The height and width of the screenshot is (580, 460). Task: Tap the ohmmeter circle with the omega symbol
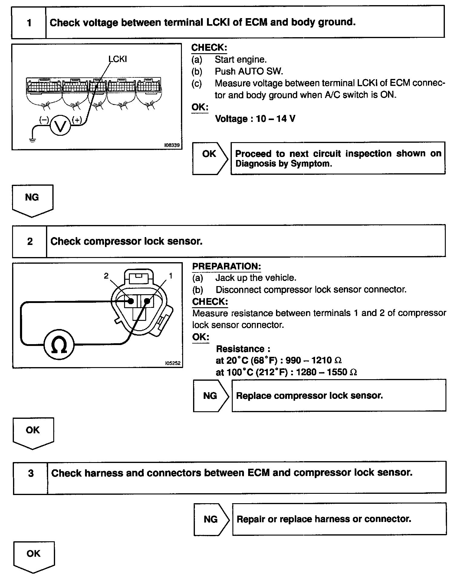(59, 345)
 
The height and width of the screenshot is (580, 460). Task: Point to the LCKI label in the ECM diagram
(118, 59)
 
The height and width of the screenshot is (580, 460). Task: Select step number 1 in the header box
(29, 23)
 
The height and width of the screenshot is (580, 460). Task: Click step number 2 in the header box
(30, 241)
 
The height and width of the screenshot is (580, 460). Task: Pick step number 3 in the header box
(31, 473)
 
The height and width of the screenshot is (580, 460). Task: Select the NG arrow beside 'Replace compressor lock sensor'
(211, 396)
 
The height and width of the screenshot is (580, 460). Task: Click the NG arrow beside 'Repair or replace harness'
(211, 519)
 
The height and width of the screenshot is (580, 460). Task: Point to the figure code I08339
(172, 145)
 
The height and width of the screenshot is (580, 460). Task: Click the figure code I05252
(172, 363)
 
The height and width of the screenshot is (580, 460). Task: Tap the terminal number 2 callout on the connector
(106, 276)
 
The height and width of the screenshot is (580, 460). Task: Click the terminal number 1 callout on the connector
(171, 276)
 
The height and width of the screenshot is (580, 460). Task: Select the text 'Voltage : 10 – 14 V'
(255, 119)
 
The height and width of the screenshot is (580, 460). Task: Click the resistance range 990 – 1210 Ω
(314, 360)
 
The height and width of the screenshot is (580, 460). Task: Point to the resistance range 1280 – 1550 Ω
(326, 372)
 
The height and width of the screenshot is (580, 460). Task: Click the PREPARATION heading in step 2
(226, 266)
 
